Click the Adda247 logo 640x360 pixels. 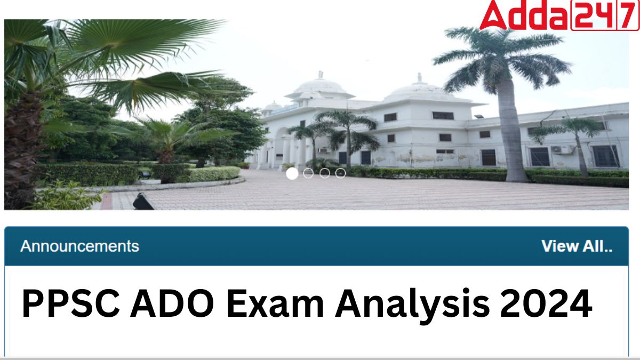click(x=559, y=15)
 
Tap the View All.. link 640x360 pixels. click(x=577, y=246)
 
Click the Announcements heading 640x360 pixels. click(x=79, y=246)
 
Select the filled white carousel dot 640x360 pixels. click(x=292, y=173)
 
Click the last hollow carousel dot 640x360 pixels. click(x=340, y=173)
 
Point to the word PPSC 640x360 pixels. click(x=70, y=303)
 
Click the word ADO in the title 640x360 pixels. click(x=172, y=303)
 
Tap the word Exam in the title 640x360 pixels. click(x=275, y=303)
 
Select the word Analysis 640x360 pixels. click(x=412, y=306)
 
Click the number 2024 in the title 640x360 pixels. click(x=546, y=303)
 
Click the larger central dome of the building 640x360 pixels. click(x=319, y=86)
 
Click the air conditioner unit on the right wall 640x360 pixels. click(x=562, y=149)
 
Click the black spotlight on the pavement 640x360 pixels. click(x=143, y=202)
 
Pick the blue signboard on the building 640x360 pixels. click(x=284, y=110)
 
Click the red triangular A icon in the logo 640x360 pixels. click(x=494, y=15)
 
